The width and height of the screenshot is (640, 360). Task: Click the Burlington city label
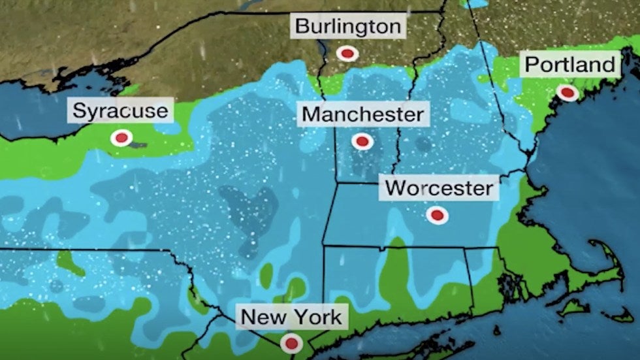347,27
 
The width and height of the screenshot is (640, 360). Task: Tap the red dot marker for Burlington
347,53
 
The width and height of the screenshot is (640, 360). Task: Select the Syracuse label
120,110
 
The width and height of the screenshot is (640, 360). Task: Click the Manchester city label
362,115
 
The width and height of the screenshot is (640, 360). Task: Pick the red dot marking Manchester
361,140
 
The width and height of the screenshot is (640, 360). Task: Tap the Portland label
570,65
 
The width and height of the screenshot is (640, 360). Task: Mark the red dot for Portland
568,93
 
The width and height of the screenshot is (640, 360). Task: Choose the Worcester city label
439,189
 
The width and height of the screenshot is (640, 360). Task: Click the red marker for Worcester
437,215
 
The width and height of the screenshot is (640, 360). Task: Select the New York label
291,318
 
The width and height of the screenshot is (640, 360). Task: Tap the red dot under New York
291,342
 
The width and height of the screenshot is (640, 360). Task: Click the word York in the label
316,318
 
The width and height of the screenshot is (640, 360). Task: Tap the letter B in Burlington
302,27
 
